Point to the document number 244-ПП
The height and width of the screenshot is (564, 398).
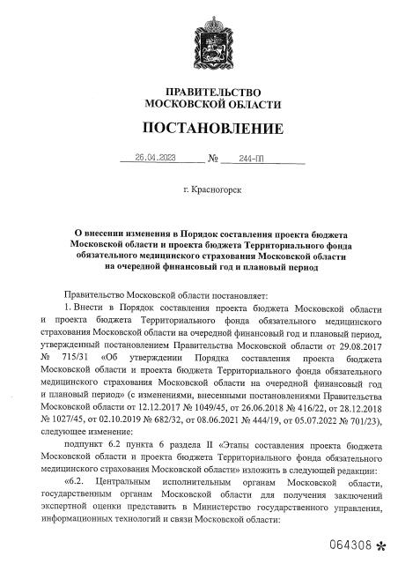(240, 160)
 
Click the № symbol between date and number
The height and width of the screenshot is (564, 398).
(212, 160)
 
